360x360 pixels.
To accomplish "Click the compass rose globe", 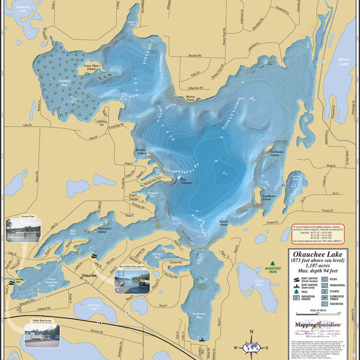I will (251, 348).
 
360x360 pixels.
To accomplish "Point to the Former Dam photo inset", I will (23, 230).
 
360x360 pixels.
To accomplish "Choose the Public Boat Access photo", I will (42, 336).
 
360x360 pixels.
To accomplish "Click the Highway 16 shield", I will (99, 324).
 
